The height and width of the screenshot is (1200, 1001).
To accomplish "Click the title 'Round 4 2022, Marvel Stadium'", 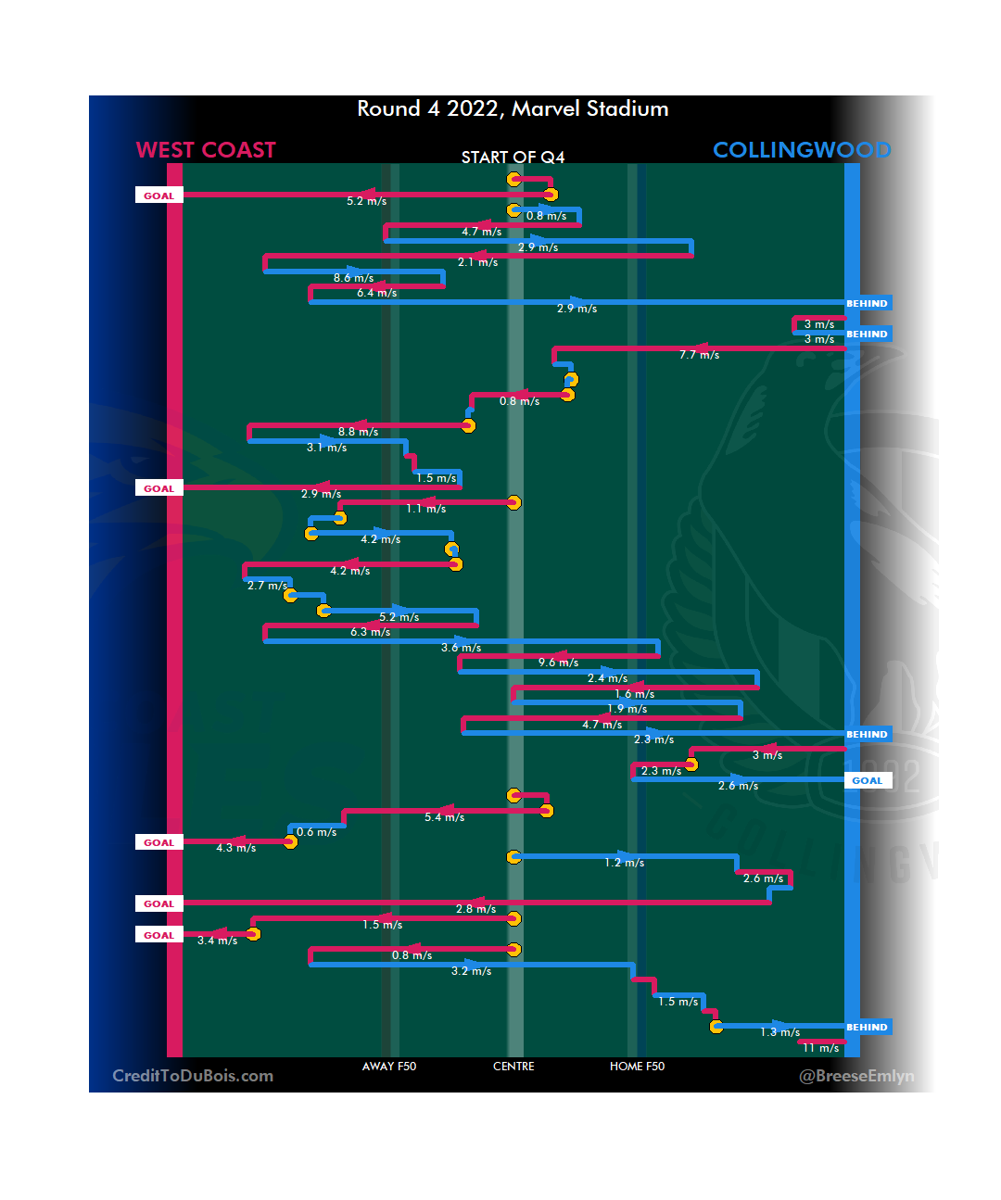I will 513,109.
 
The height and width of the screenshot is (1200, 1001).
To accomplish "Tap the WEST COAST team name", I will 206,150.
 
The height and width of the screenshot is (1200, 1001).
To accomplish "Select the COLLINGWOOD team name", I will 802,150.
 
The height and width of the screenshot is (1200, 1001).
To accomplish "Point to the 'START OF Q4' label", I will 513,158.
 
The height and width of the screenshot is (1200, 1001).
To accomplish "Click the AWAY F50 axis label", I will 389,1067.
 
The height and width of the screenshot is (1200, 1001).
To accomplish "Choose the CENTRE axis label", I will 513,1067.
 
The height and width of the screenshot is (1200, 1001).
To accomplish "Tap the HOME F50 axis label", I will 637,1067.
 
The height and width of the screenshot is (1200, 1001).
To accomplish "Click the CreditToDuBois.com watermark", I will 193,1076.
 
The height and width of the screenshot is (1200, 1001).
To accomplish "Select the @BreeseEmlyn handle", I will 856,1076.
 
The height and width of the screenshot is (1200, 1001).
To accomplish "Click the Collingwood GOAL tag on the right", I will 868,781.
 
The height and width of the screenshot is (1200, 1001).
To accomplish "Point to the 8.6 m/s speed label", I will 353,278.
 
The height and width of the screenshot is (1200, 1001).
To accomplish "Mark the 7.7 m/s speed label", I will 699,355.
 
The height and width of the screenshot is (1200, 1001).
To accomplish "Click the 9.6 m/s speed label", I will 558,663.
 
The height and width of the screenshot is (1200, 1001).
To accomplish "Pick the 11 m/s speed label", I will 820,1048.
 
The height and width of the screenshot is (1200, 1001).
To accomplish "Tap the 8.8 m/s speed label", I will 358,432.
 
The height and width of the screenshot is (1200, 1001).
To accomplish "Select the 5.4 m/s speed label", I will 444,817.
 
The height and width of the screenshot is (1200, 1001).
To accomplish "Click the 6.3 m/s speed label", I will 370,632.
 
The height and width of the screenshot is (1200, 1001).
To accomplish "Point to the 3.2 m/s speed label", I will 471,971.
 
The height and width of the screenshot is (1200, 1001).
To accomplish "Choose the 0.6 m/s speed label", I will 316,832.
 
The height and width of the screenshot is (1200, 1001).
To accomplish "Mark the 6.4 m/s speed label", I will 376,293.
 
